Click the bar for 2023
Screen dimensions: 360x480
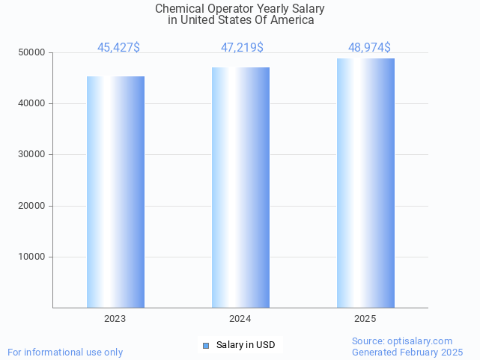pyautogui.click(x=115, y=192)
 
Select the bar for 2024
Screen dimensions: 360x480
pyautogui.click(x=240, y=187)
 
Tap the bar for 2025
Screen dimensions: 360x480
pyautogui.click(x=365, y=183)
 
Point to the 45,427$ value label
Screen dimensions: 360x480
pyautogui.click(x=118, y=48)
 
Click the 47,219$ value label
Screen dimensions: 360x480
pyautogui.click(x=242, y=48)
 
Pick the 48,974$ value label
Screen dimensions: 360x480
pyautogui.click(x=369, y=48)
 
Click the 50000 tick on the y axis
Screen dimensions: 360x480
pyautogui.click(x=32, y=53)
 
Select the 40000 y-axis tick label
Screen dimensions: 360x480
pyautogui.click(x=32, y=104)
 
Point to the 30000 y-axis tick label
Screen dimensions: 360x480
pyautogui.click(x=32, y=155)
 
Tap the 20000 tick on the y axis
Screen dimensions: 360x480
pyautogui.click(x=32, y=206)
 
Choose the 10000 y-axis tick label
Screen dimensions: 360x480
pyautogui.click(x=32, y=257)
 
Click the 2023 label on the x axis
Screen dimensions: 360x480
pyautogui.click(x=115, y=319)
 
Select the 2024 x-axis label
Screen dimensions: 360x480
pyautogui.click(x=240, y=319)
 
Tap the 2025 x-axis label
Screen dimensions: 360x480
pyautogui.click(x=365, y=319)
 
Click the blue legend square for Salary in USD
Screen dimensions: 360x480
pyautogui.click(x=206, y=345)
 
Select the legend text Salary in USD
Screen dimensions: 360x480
pyautogui.click(x=246, y=345)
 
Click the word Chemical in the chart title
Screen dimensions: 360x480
pyautogui.click(x=177, y=9)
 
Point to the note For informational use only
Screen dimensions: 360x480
pyautogui.click(x=65, y=352)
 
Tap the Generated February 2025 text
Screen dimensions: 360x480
pyautogui.click(x=407, y=352)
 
